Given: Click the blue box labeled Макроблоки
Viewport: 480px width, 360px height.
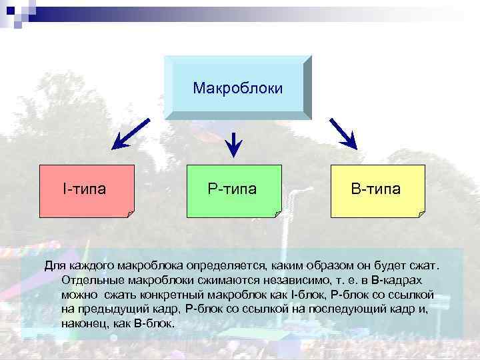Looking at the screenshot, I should click(x=237, y=87).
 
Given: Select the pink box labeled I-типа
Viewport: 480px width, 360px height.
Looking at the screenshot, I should click(x=87, y=189).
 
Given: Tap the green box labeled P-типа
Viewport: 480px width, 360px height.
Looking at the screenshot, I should click(x=233, y=189).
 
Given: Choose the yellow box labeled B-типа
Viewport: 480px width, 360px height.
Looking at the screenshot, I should click(x=377, y=189).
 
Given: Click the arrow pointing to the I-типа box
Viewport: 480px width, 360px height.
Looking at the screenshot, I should click(x=131, y=134).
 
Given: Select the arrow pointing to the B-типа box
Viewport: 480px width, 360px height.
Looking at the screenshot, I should click(x=343, y=134).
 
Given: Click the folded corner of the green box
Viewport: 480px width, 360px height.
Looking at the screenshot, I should click(x=277, y=213).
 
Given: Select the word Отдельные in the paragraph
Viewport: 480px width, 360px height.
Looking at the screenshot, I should click(x=86, y=280).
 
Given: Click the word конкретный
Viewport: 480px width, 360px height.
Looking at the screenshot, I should click(x=159, y=295).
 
